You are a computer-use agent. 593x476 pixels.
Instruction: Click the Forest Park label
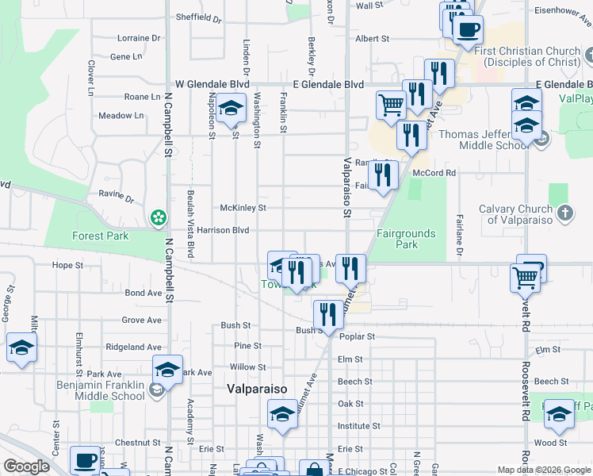(100, 236)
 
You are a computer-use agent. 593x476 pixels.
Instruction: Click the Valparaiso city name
(256, 390)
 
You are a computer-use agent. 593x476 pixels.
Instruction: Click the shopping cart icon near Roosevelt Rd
(526, 277)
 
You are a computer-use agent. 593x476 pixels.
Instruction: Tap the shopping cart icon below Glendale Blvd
(391, 103)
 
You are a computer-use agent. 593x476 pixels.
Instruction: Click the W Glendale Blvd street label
(212, 83)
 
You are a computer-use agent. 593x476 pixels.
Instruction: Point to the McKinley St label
(243, 208)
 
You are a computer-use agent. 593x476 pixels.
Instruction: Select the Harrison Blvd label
(223, 231)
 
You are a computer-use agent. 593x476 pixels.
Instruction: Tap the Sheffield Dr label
(198, 17)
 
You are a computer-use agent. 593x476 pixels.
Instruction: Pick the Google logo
(26, 466)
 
